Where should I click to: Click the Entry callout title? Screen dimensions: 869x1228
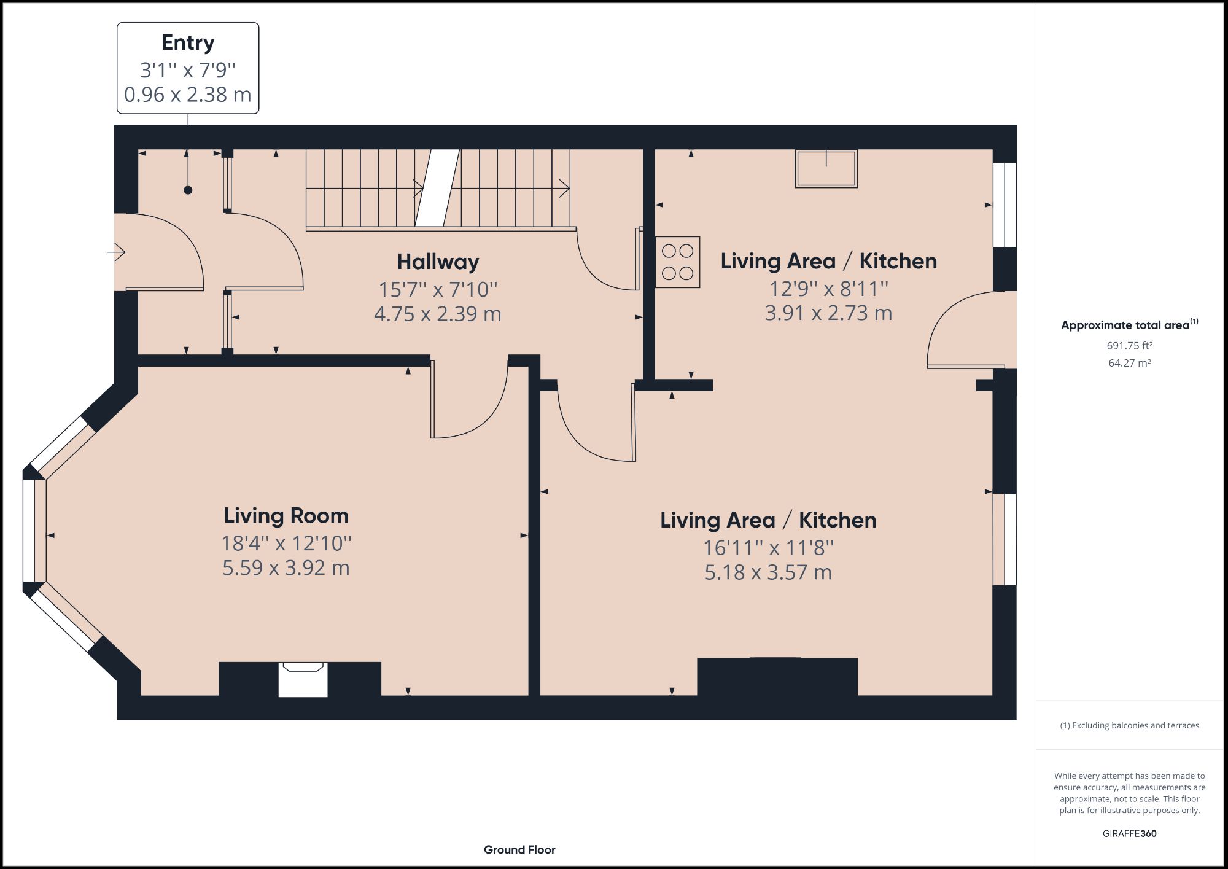[x=188, y=43]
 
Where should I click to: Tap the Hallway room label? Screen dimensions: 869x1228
[x=438, y=262]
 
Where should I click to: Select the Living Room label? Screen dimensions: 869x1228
[x=286, y=516]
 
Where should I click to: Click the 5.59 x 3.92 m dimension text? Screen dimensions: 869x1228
[x=286, y=568]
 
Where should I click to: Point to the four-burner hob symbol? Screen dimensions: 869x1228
[x=677, y=262]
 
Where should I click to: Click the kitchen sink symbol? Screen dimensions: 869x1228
[x=826, y=168]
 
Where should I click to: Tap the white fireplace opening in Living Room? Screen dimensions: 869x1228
[x=303, y=680]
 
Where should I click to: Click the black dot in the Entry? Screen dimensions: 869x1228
[x=188, y=190]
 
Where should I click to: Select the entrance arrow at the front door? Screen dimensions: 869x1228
[x=117, y=252]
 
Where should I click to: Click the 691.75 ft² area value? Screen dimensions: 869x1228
[x=1129, y=346]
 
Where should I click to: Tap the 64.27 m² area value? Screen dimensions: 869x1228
[x=1129, y=363]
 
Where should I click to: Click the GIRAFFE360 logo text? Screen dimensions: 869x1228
[x=1129, y=833]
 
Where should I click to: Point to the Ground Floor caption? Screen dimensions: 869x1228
[x=519, y=850]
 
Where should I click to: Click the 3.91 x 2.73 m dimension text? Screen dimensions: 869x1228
[x=828, y=313]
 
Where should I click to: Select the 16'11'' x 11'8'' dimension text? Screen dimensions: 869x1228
[x=768, y=547]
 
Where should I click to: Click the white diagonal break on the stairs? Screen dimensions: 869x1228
[x=437, y=188]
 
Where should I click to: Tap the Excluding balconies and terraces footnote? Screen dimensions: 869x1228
[x=1129, y=725]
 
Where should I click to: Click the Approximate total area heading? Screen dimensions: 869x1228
[x=1127, y=325]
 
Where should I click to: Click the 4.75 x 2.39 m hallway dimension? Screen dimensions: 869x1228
[x=438, y=314]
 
